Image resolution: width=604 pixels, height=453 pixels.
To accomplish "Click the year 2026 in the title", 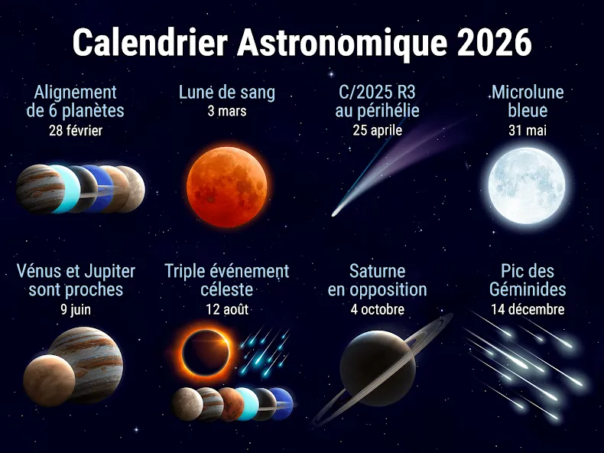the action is click(494, 42).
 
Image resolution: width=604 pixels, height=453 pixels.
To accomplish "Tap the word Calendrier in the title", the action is click(151, 42).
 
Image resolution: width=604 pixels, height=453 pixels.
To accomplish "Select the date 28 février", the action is click(76, 131).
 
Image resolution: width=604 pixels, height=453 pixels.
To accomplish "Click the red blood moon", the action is click(227, 187).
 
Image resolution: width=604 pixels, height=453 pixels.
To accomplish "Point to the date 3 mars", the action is click(227, 111).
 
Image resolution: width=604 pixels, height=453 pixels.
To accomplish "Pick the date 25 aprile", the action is click(378, 130).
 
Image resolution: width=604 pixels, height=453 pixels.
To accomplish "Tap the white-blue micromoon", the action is click(527, 185).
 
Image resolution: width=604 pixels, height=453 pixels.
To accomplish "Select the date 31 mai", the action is click(528, 130).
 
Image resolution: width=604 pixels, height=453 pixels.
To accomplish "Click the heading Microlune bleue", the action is click(528, 102).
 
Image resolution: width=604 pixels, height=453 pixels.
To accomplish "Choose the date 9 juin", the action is click(76, 309).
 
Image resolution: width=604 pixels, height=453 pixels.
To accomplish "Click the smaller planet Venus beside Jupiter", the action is click(49, 380).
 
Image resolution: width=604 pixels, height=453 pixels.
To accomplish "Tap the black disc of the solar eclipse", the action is click(206, 353).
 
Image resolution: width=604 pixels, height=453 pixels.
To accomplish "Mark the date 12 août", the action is click(227, 309).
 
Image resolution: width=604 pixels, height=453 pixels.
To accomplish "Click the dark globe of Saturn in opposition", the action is click(378, 368).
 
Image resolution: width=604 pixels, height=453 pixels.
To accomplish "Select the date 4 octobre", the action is click(378, 309).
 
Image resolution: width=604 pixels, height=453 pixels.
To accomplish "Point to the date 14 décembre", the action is click(528, 309).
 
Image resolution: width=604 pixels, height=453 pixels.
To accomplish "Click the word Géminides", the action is click(528, 289).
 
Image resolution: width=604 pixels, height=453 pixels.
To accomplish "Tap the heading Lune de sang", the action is click(227, 93).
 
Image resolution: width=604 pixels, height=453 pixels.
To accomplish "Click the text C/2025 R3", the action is click(377, 92).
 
